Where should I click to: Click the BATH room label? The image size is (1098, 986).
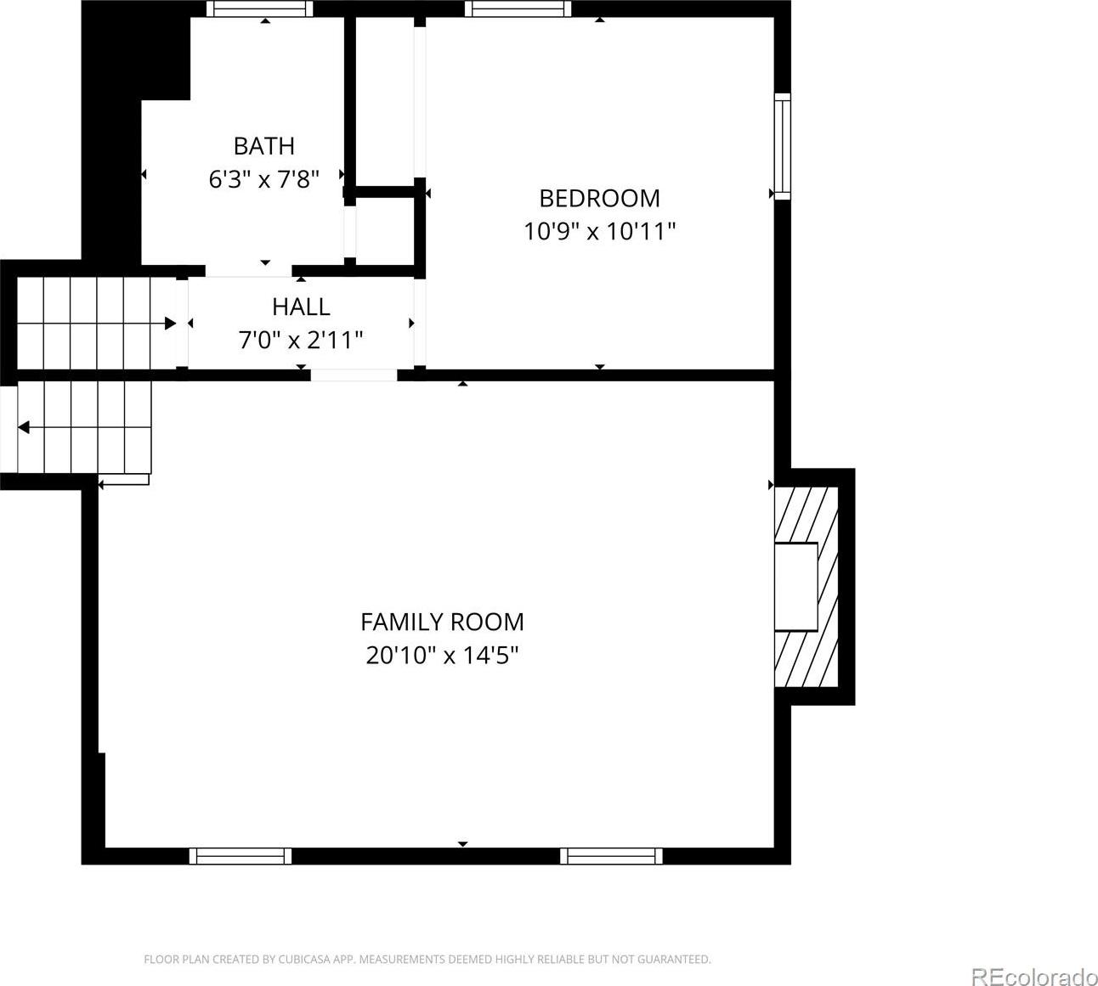(264, 146)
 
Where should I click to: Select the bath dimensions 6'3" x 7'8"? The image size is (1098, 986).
(264, 179)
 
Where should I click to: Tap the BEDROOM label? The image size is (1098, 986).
(599, 198)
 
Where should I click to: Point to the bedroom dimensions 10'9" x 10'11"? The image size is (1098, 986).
(599, 231)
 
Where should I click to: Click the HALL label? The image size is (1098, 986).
(301, 307)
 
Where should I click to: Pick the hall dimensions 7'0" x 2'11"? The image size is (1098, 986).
(301, 341)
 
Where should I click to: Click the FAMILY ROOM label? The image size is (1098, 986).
(442, 622)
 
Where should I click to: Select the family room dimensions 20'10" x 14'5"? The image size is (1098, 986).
(442, 656)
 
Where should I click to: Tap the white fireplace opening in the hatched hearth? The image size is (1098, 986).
(795, 587)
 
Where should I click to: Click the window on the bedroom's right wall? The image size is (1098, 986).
(782, 146)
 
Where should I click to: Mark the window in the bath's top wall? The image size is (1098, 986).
(260, 8)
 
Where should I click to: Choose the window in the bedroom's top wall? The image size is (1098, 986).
(518, 8)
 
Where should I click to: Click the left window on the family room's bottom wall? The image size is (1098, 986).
(241, 856)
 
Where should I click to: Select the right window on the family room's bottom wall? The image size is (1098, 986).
(611, 856)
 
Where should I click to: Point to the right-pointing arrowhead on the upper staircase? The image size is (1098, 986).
(170, 324)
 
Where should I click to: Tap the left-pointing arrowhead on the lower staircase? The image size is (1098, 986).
(23, 427)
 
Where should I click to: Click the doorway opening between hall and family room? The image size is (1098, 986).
(354, 375)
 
